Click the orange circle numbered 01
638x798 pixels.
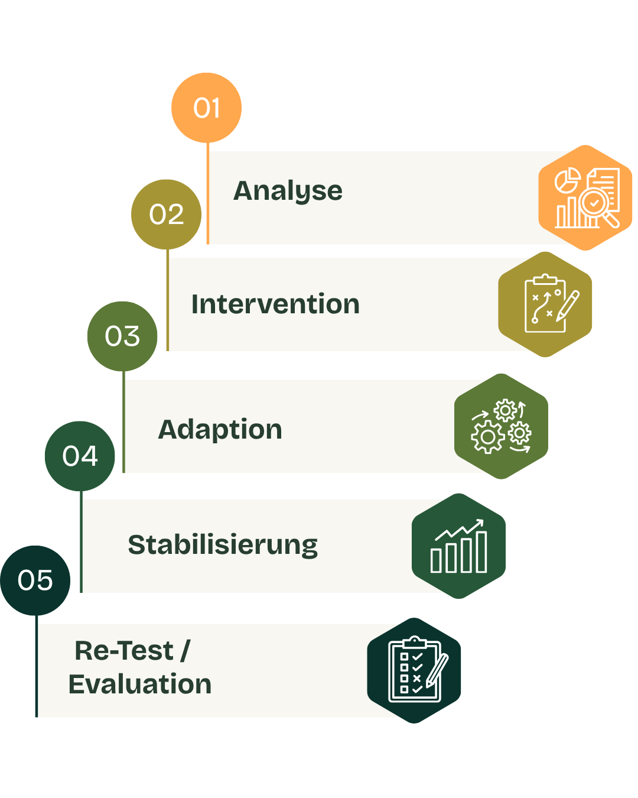(x=206, y=108)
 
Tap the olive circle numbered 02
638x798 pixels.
(x=166, y=215)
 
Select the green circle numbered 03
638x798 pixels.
(x=122, y=336)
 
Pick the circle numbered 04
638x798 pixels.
(x=80, y=456)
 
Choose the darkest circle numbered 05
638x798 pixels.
(x=35, y=580)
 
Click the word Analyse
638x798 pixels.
(x=288, y=192)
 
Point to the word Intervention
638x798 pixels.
(x=275, y=304)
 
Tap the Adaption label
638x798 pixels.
(x=220, y=430)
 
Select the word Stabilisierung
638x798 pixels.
(x=223, y=545)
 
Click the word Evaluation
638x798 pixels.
(x=140, y=685)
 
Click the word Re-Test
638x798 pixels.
(x=124, y=651)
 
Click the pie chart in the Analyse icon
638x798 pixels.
(x=567, y=180)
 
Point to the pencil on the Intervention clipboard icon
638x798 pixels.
(x=567, y=306)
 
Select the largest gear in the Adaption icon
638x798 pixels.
(x=487, y=437)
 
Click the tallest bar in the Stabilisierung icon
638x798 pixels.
(x=481, y=552)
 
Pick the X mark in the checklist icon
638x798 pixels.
(x=416, y=678)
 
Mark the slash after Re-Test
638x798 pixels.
(x=185, y=651)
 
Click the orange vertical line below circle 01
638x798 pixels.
(x=207, y=193)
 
